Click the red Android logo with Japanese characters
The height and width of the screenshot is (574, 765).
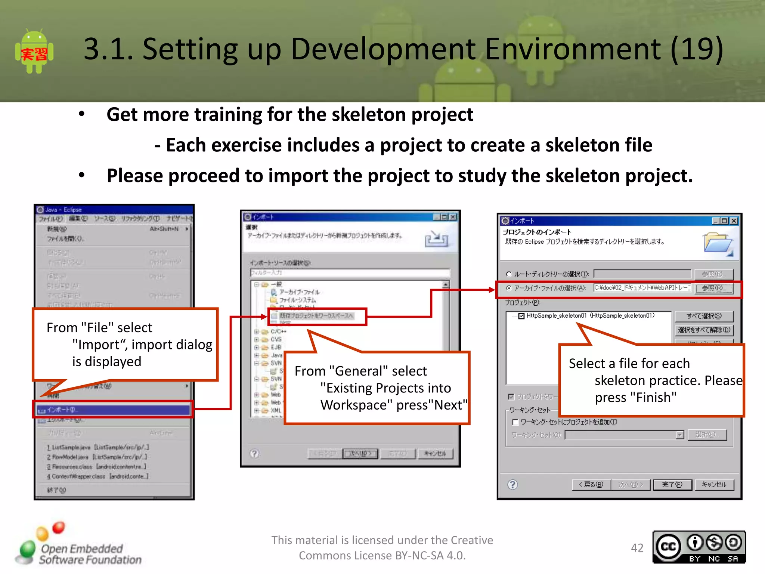point(34,52)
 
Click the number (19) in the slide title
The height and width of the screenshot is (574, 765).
point(697,49)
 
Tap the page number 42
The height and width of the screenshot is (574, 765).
point(637,547)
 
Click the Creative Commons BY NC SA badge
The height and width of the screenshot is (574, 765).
point(699,547)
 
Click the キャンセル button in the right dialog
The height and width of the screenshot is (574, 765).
point(714,485)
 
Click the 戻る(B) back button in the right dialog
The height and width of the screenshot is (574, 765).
point(591,485)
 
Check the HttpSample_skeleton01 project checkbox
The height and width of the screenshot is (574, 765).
point(521,316)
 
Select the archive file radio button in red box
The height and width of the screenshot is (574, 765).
point(509,288)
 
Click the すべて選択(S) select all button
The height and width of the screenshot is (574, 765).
point(704,316)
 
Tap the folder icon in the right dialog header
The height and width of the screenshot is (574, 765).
point(718,244)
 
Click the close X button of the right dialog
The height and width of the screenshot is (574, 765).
point(734,221)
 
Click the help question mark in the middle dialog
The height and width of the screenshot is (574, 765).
point(254,454)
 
